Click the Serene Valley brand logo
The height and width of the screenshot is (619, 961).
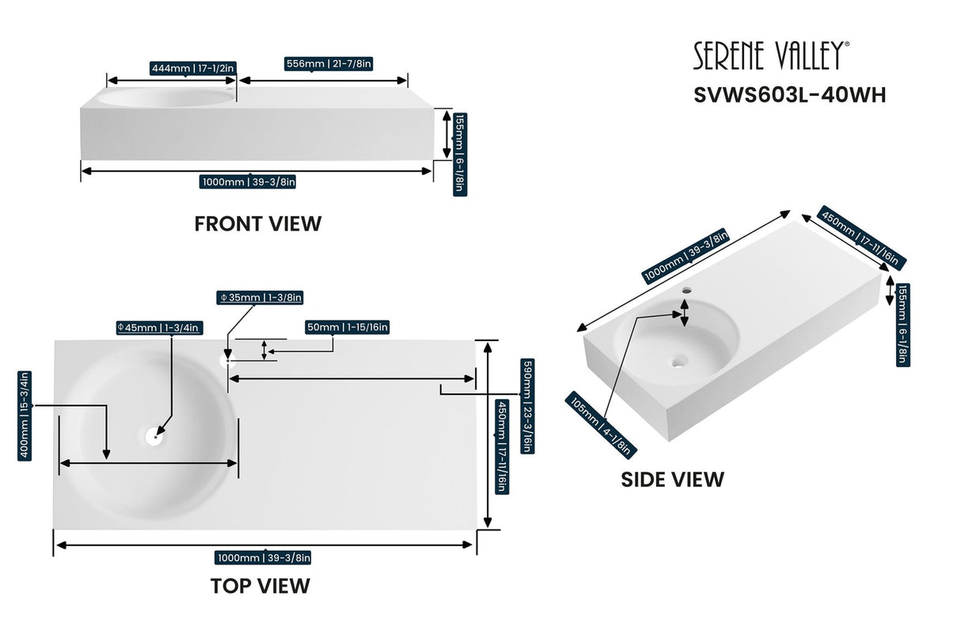[772, 55]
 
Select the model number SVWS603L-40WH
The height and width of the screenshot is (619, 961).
[789, 95]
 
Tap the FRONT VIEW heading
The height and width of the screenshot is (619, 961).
[258, 224]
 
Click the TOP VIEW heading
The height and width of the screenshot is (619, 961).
[260, 586]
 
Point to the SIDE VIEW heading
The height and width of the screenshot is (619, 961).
[672, 479]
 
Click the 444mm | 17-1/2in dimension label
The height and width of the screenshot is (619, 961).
[193, 69]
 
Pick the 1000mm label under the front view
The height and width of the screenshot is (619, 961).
[249, 182]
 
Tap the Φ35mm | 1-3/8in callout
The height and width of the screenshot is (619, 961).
[260, 298]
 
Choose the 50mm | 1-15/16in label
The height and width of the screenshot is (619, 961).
[347, 327]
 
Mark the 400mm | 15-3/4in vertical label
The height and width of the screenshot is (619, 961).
[25, 416]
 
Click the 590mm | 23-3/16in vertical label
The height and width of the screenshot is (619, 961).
[525, 406]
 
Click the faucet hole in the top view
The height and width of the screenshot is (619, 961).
[225, 360]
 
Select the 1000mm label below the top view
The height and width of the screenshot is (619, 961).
[264, 558]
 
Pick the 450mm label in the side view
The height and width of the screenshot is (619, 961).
[863, 238]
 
